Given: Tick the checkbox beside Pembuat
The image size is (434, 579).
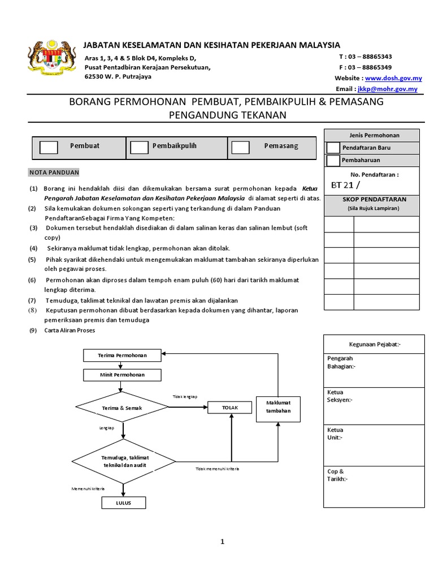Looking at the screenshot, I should click(49, 147).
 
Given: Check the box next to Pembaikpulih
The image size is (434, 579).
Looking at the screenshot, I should click(139, 147).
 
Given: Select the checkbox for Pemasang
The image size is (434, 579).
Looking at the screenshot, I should click(240, 147).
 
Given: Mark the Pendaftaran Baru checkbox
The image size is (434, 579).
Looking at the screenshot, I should click(333, 148).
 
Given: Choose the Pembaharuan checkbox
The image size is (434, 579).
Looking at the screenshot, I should click(333, 161).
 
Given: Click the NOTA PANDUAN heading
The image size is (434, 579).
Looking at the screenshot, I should click(54, 172).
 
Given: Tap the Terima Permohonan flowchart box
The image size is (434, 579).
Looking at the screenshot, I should click(122, 355).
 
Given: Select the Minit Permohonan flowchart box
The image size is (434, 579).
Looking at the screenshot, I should click(122, 375).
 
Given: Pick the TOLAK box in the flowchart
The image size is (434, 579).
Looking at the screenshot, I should click(230, 407).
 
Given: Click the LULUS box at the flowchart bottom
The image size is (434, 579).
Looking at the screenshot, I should click(123, 503).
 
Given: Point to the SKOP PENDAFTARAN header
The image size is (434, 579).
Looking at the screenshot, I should click(371, 200).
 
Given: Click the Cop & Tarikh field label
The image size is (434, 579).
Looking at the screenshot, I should click(337, 475).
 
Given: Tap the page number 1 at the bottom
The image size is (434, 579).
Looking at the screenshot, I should click(223, 542).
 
